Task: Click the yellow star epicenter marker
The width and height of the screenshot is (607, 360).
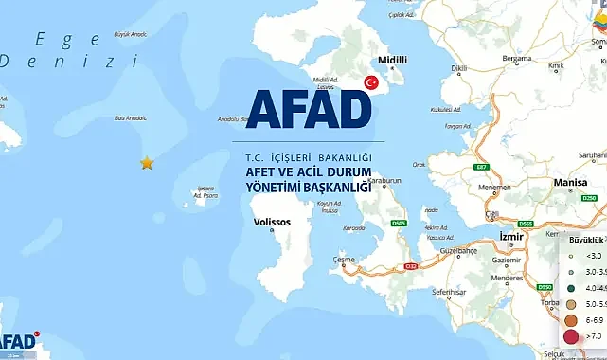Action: tap(147, 163)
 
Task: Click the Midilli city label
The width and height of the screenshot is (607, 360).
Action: tap(392, 58)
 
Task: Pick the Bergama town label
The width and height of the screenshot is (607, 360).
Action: tap(517, 58)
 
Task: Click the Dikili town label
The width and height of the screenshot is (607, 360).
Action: tap(460, 68)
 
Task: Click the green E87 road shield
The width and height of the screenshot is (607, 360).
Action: tap(481, 167)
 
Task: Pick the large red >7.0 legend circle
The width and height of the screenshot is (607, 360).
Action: tap(572, 335)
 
